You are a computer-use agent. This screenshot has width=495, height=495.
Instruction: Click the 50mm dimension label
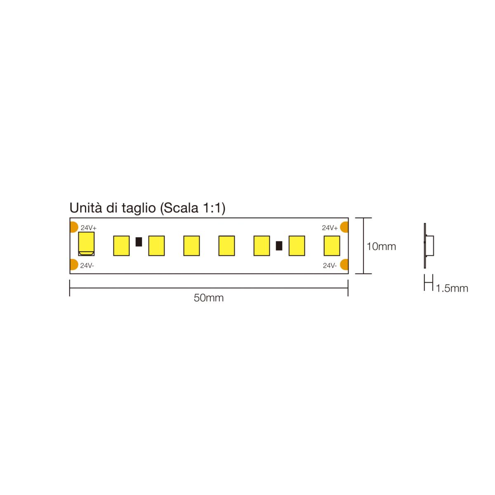pyautogui.click(x=208, y=298)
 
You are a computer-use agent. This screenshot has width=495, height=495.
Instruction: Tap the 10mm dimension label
pyautogui.click(x=381, y=247)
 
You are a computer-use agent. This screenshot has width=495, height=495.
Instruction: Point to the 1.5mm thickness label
pyautogui.click(x=452, y=288)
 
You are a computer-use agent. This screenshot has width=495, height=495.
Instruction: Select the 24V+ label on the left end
pyautogui.click(x=88, y=228)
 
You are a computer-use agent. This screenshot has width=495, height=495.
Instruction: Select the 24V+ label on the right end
pyautogui.click(x=330, y=228)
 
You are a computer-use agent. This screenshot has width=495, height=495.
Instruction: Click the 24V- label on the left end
pyautogui.click(x=87, y=266)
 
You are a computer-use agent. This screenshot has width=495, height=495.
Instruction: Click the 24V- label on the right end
pyautogui.click(x=330, y=266)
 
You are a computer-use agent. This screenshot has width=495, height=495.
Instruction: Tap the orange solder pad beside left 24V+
pyautogui.click(x=74, y=227)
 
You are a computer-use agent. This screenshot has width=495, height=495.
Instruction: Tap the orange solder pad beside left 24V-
pyautogui.click(x=74, y=264)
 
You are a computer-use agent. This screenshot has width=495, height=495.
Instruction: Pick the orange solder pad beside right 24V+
pyautogui.click(x=344, y=227)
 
